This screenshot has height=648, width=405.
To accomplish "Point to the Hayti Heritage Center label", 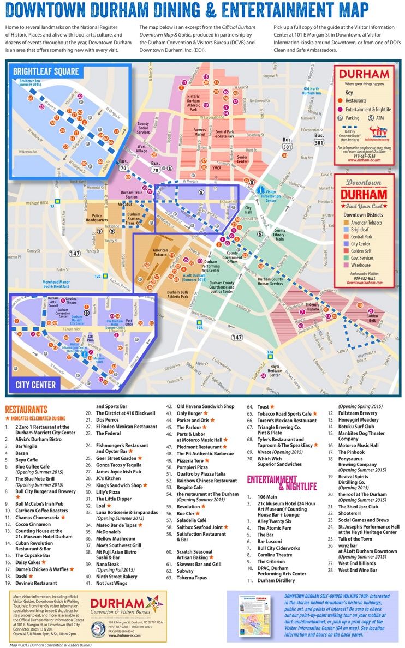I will [x=275, y=371].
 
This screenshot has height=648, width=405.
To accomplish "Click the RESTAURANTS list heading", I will [x=26, y=409].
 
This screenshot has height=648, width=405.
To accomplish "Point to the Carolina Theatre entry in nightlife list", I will [x=275, y=554].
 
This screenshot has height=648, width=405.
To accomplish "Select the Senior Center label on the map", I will [x=242, y=159].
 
